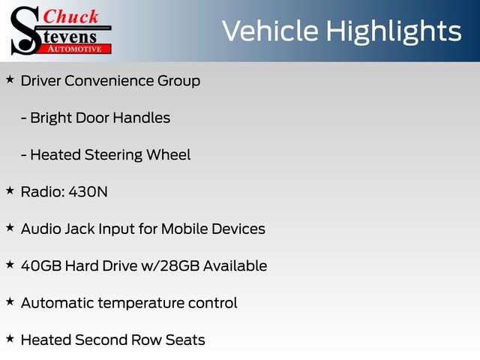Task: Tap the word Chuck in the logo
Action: click(x=70, y=16)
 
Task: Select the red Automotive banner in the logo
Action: click(x=76, y=48)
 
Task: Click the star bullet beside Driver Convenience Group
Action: click(x=10, y=79)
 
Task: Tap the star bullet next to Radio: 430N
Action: click(x=10, y=190)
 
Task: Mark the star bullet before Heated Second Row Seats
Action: click(x=10, y=339)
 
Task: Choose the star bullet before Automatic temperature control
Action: click(x=10, y=301)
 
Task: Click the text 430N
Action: click(x=88, y=192)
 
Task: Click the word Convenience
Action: click(x=110, y=81)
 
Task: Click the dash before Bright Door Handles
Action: click(x=24, y=118)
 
